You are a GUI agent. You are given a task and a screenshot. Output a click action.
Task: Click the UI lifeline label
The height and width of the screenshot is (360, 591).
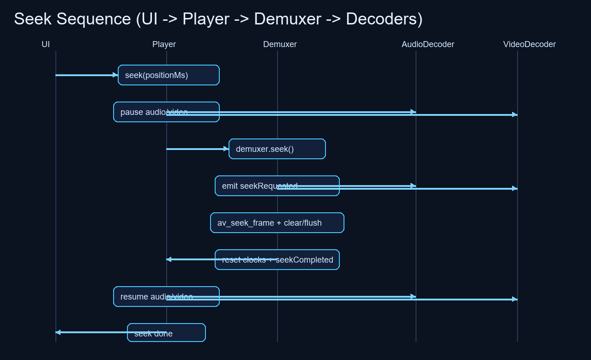[x=46, y=44]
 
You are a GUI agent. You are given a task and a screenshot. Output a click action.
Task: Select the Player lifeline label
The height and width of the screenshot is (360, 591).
[x=164, y=44]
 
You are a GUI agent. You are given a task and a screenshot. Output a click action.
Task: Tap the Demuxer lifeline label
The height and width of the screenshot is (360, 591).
[x=280, y=44]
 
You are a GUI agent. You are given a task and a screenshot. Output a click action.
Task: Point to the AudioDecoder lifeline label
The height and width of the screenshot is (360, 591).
[x=428, y=44]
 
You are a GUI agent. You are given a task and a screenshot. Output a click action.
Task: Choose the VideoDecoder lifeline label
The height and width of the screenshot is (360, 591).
[x=529, y=44]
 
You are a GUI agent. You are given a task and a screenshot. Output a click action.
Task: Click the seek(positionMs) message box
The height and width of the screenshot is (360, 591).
[x=169, y=75]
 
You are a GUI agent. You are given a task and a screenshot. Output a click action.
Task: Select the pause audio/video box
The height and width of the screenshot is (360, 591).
[x=139, y=112]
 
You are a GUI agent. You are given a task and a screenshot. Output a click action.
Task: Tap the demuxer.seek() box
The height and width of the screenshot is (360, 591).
[x=277, y=149]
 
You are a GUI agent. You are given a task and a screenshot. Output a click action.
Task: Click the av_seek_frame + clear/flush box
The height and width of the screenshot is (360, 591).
[x=277, y=223]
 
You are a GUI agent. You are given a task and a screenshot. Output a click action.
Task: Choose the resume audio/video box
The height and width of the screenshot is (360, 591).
[x=139, y=297]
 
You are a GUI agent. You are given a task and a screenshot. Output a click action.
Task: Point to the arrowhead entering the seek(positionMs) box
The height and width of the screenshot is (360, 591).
[x=115, y=75]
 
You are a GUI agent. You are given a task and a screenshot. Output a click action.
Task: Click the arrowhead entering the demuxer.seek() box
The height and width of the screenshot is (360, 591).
[x=226, y=149]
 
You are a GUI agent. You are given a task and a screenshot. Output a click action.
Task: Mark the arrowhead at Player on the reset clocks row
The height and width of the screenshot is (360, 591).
[x=169, y=259]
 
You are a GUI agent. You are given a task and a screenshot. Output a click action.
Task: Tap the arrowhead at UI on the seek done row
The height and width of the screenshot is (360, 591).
[x=58, y=332]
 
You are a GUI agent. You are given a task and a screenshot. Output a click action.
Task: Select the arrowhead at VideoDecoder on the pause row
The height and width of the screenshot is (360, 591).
[x=515, y=114]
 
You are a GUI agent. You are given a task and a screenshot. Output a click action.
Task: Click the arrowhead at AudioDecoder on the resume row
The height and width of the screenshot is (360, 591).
[x=413, y=296]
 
